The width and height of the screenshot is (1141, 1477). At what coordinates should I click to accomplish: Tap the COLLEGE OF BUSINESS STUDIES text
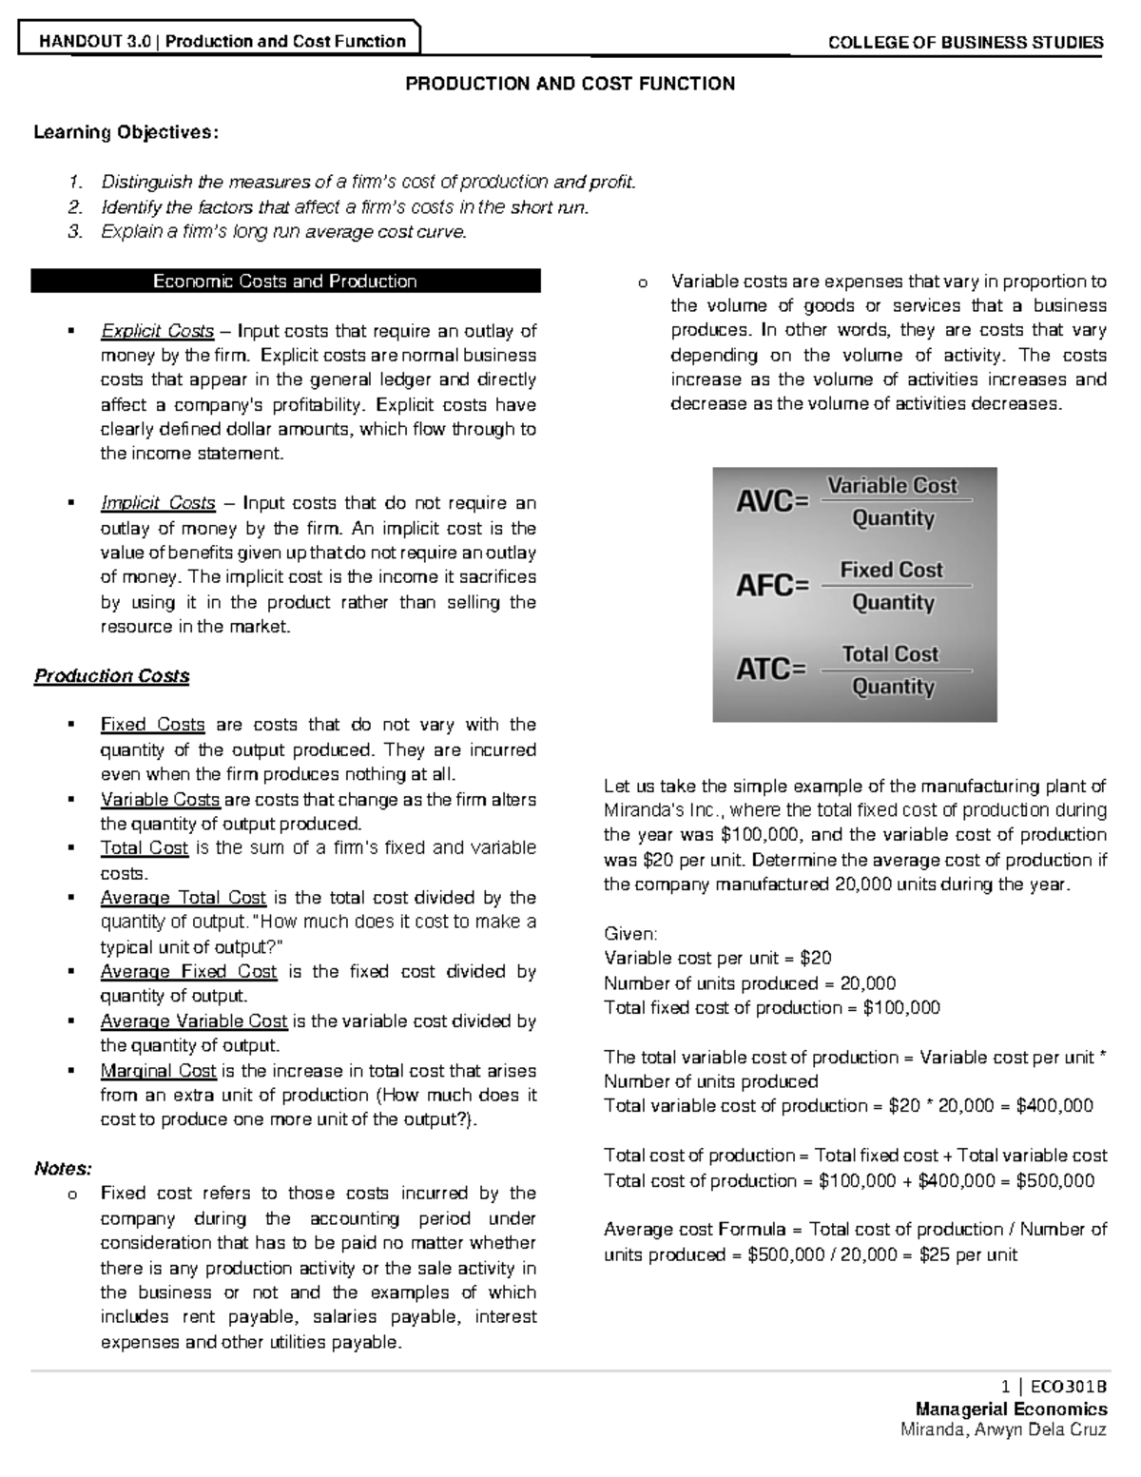965,42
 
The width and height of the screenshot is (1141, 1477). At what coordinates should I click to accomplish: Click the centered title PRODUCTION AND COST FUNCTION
570,84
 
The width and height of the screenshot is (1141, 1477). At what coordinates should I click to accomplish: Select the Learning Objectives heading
126,132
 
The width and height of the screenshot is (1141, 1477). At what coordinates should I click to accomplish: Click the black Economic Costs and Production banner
285,282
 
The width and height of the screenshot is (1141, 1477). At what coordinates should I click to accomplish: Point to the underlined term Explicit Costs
157,331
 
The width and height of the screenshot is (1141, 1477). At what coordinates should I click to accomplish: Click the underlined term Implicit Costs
158,503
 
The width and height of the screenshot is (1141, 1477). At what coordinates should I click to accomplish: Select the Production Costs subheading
111,676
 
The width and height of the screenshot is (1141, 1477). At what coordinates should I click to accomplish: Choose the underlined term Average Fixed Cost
188,972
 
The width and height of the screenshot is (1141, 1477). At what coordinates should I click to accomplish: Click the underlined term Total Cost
145,848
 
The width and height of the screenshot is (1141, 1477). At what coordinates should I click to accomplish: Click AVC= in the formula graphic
772,501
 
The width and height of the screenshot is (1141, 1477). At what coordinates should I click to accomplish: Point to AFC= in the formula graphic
772,586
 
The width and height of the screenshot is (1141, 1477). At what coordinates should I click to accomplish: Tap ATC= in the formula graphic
771,670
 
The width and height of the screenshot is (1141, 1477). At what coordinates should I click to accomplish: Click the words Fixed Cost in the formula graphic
891,570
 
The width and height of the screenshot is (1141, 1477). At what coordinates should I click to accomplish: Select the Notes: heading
63,1168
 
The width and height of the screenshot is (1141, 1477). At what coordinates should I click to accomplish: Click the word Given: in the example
630,933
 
